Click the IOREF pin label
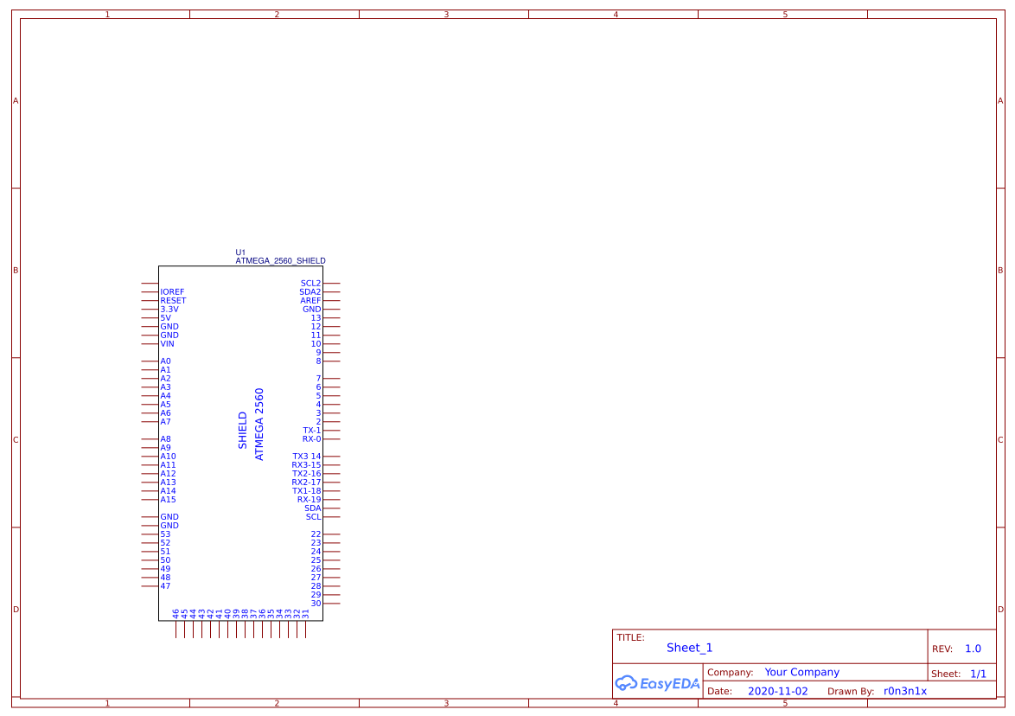click(172, 292)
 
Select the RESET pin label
click(173, 301)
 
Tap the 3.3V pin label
click(169, 310)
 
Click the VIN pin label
click(167, 344)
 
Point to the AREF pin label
click(310, 301)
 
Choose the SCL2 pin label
click(310, 284)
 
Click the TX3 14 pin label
click(306, 457)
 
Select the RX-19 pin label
click(309, 500)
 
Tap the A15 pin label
click(168, 500)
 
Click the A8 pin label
click(165, 439)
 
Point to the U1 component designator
click(240, 253)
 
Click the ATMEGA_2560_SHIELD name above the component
click(280, 260)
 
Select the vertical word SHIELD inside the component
click(243, 430)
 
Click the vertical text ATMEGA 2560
click(259, 424)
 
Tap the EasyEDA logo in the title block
click(656, 683)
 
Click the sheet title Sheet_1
click(689, 648)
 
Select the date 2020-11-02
click(777, 691)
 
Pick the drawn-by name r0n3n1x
click(904, 691)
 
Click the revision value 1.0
click(973, 649)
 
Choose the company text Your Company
click(801, 672)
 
